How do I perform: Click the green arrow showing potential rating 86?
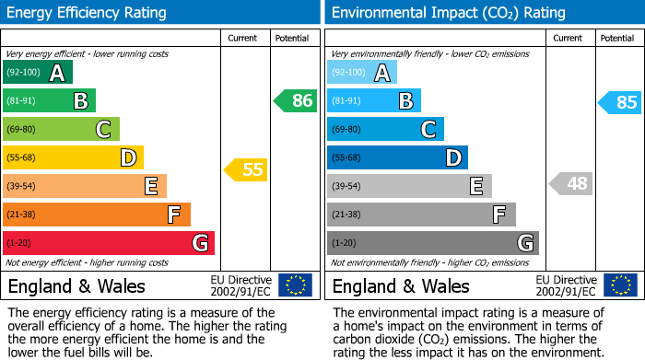(x=296, y=101)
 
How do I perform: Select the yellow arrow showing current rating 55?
(x=246, y=169)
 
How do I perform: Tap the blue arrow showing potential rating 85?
(x=620, y=102)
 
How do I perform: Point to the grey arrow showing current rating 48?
(x=570, y=183)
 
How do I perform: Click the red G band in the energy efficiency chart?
(x=109, y=243)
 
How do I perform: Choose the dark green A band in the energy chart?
(x=38, y=73)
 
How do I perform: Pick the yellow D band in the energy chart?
(x=73, y=157)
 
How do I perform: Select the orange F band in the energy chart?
(x=97, y=215)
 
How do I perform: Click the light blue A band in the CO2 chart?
(x=362, y=73)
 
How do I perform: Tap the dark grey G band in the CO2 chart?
(x=432, y=243)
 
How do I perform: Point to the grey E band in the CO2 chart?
(x=409, y=186)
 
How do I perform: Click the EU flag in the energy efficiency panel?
(x=295, y=285)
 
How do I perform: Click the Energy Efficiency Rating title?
(x=88, y=13)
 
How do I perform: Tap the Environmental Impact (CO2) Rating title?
(x=448, y=13)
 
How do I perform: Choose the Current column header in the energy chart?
(x=243, y=38)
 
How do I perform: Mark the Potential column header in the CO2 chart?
(x=617, y=38)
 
